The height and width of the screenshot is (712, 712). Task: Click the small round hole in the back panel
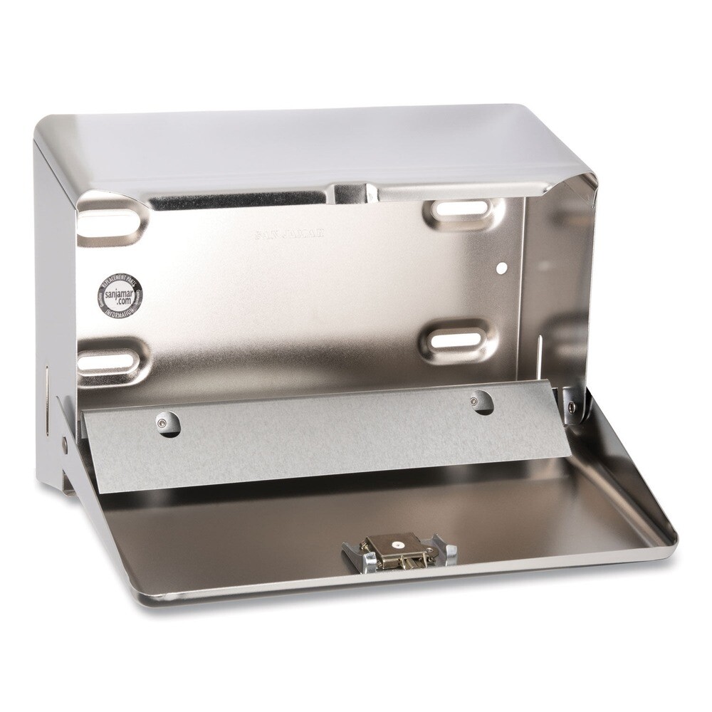click(x=501, y=268)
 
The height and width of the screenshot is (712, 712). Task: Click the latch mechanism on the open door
click(x=399, y=550)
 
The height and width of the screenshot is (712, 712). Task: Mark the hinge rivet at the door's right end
click(x=571, y=407)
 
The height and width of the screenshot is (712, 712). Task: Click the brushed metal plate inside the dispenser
click(x=320, y=434)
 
